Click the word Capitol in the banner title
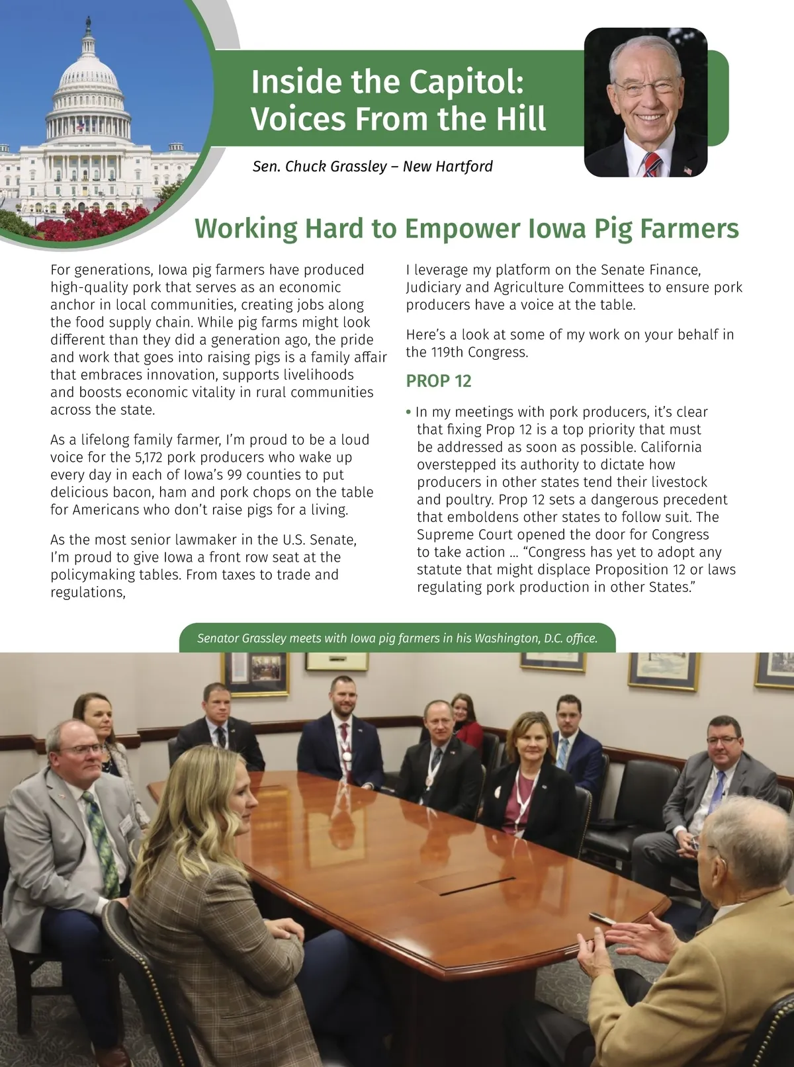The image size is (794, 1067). click(x=466, y=82)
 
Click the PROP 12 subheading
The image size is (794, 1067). click(x=439, y=381)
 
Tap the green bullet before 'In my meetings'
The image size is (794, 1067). click(x=408, y=412)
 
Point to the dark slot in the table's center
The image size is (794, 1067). click(x=476, y=886)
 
